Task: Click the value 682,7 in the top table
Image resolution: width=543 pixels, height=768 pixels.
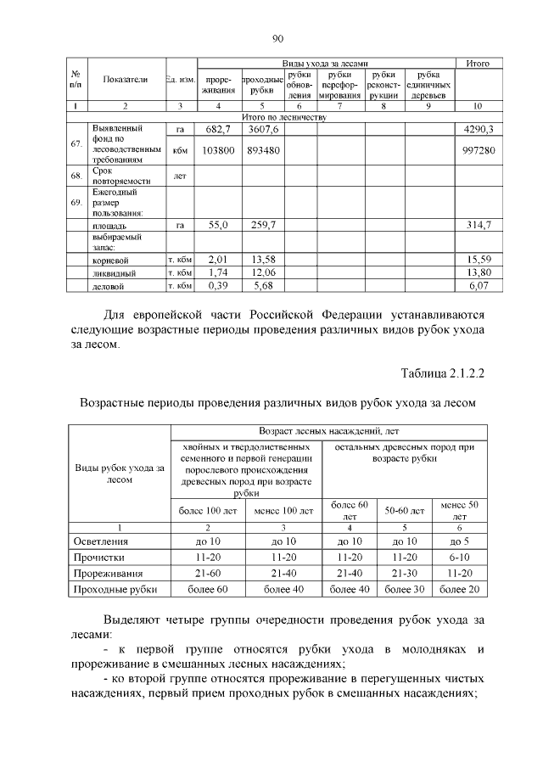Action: point(219,129)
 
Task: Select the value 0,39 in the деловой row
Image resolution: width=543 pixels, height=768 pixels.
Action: point(219,288)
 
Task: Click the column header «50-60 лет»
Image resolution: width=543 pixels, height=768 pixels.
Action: point(405,511)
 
